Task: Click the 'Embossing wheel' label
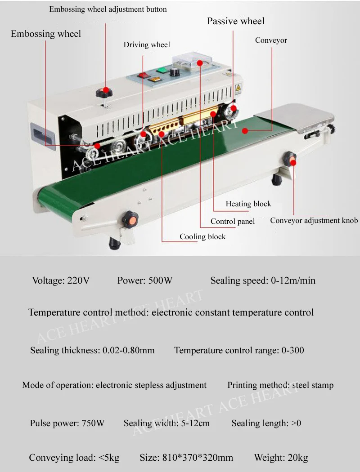tap(46, 34)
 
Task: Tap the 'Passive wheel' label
tap(235, 21)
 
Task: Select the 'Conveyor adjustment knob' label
tap(314, 220)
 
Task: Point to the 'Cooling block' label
tap(202, 236)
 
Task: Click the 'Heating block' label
tap(248, 204)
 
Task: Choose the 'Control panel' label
tap(233, 221)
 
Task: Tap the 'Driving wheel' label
tap(147, 45)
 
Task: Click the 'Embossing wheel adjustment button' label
tap(108, 9)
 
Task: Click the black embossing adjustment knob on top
tap(104, 93)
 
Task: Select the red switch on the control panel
tap(143, 75)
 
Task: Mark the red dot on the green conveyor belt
tap(245, 131)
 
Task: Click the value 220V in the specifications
tap(78, 281)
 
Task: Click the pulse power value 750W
tap(93, 423)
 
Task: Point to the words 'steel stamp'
tap(313, 385)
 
